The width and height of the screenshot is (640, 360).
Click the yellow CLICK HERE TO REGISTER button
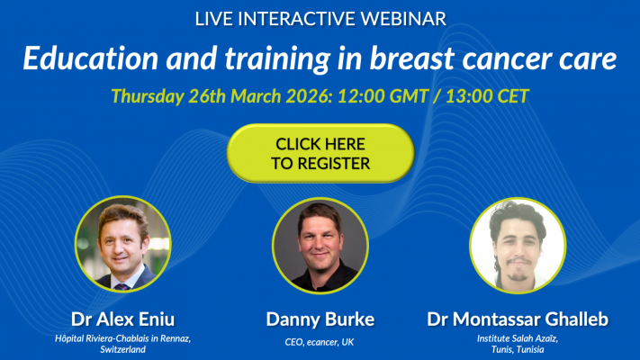pyautogui.click(x=321, y=154)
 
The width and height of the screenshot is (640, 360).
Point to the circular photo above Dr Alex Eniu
pyautogui.click(x=122, y=244)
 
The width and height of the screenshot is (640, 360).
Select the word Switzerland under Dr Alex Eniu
pyautogui.click(x=122, y=348)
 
